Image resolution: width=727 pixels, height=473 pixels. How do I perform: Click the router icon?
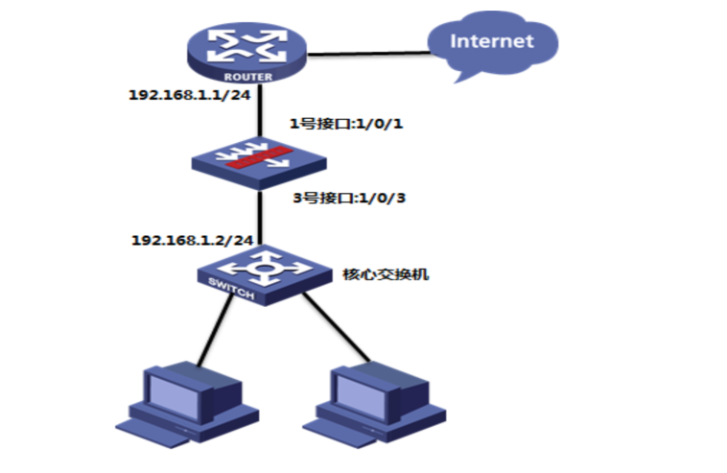tap(246, 54)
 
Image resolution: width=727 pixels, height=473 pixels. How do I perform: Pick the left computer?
tap(187, 404)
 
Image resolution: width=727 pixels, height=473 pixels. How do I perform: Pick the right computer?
tap(375, 404)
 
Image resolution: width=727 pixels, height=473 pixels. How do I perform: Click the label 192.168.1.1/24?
tap(190, 95)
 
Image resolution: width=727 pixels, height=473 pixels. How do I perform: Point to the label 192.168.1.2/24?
tap(193, 240)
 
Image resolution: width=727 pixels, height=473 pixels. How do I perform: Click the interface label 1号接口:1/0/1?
tap(346, 124)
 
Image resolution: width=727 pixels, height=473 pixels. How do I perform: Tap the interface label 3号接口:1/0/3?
tap(349, 198)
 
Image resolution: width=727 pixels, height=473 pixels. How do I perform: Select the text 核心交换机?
tap(386, 274)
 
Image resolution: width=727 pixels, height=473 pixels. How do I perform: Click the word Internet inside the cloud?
tap(492, 41)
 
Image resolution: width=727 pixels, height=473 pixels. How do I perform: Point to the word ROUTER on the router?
tap(248, 77)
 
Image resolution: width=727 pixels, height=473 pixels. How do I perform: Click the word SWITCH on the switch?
tap(231, 289)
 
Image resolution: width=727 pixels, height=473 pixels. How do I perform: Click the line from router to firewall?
tap(260, 110)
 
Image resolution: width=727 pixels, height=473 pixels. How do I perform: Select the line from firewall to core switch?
tap(260, 217)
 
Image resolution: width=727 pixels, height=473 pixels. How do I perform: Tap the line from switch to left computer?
tap(215, 329)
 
